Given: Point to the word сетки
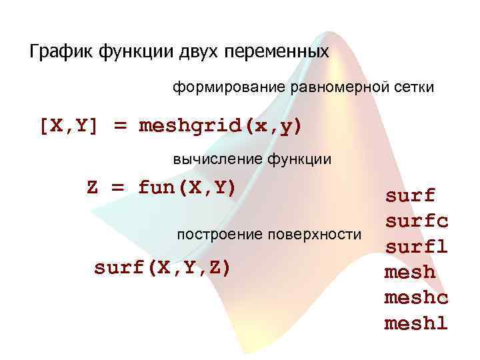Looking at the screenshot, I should coord(413,87).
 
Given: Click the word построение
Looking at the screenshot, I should coord(217,235).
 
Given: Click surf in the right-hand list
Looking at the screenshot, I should coord(409,195).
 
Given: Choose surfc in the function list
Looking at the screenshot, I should coord(416,221).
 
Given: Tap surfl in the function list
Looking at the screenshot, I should coord(416,247).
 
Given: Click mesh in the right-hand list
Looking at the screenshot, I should coord(409,272).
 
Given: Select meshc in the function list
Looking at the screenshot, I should coord(416,298).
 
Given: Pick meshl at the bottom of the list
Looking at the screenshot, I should coord(416,323).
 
